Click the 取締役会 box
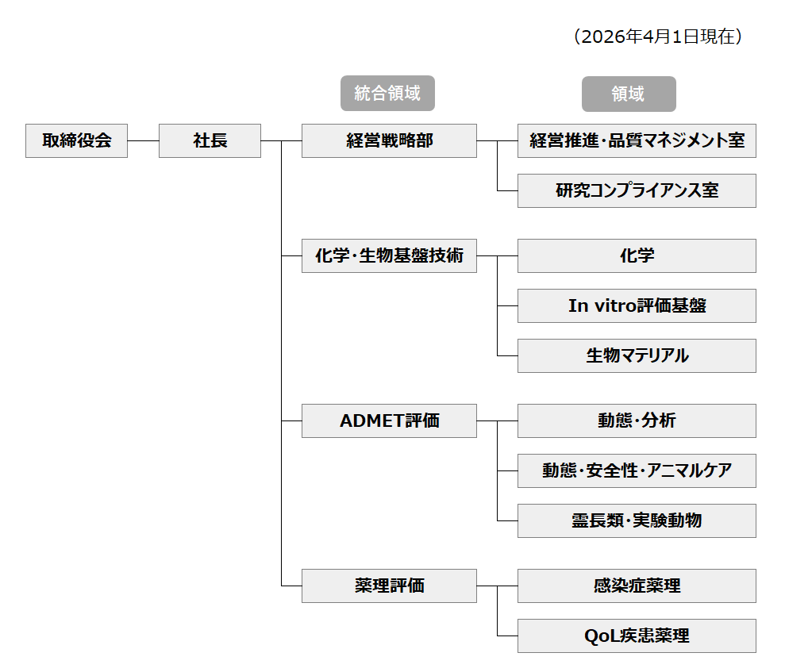click(x=76, y=140)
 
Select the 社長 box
click(x=210, y=140)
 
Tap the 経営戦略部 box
click(x=389, y=140)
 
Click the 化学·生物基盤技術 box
click(x=389, y=255)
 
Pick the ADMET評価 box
click(x=389, y=420)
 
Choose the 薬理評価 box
click(x=389, y=586)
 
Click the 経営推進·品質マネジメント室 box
click(x=637, y=140)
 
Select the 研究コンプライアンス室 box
click(x=637, y=190)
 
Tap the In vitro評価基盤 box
click(x=637, y=305)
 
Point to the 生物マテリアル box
click(x=637, y=355)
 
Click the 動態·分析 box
click(x=637, y=420)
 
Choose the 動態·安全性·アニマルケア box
click(x=637, y=470)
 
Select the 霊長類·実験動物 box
click(x=637, y=520)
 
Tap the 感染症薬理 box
click(x=637, y=586)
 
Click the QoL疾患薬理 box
click(x=637, y=636)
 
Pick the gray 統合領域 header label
click(x=387, y=94)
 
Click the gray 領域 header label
click(x=629, y=94)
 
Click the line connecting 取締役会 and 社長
click(x=143, y=140)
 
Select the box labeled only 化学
click(x=637, y=255)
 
